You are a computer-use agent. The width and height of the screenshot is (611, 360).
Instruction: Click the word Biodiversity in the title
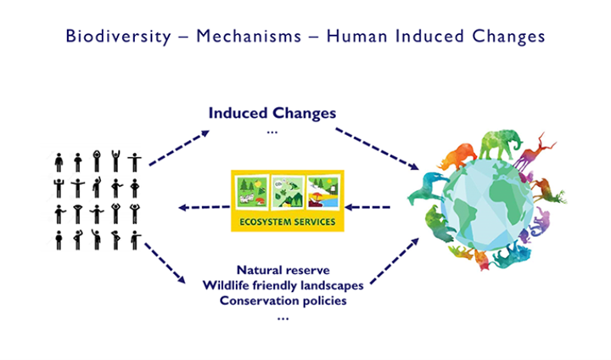(x=118, y=37)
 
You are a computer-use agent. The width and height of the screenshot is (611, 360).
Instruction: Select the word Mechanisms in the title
(x=249, y=37)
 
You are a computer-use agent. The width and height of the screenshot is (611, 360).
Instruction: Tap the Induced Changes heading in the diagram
(x=272, y=113)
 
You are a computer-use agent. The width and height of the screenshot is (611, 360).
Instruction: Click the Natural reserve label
(x=283, y=270)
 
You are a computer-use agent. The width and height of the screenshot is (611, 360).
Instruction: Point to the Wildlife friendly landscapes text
(x=283, y=285)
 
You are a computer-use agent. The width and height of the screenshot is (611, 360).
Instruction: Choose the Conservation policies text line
(x=283, y=301)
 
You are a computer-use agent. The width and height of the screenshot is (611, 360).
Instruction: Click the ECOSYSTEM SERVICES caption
(x=287, y=222)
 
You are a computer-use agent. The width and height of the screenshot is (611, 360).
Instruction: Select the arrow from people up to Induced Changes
(x=179, y=149)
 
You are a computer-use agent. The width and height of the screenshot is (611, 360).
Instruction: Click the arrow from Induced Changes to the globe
(x=377, y=149)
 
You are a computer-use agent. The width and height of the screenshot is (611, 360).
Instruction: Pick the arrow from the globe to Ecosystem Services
(x=367, y=207)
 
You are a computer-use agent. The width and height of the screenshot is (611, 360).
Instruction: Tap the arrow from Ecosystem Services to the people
(x=204, y=207)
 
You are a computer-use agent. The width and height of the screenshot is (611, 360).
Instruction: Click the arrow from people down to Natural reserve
(x=165, y=263)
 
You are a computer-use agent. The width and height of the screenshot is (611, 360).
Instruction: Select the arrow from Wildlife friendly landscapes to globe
(x=395, y=261)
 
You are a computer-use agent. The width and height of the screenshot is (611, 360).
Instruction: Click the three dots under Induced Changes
(x=272, y=132)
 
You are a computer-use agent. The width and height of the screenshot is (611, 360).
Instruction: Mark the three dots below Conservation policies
(x=283, y=318)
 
